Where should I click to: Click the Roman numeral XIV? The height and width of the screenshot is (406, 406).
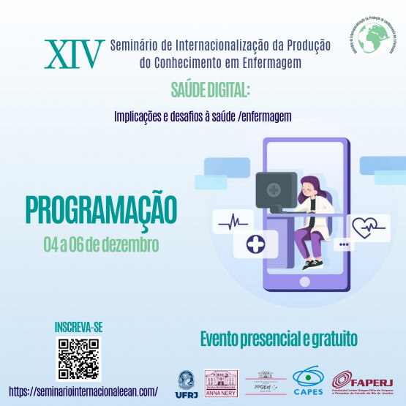(72, 53)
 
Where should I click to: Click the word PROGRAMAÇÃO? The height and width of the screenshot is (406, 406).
(102, 209)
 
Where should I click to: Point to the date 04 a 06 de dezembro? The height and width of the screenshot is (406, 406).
(102, 241)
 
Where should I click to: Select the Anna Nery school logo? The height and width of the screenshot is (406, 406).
(221, 384)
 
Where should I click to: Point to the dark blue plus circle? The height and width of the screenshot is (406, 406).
(255, 244)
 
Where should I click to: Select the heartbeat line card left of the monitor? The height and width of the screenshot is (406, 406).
(232, 219)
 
